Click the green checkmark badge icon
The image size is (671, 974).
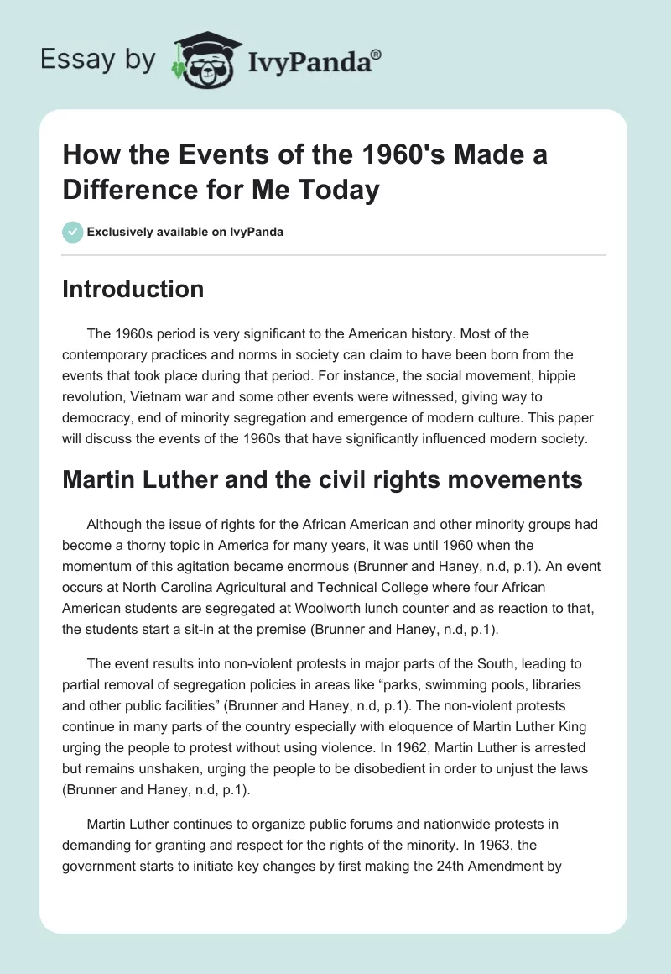(x=73, y=232)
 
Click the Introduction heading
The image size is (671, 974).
(x=133, y=289)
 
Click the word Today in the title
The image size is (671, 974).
(x=335, y=190)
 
